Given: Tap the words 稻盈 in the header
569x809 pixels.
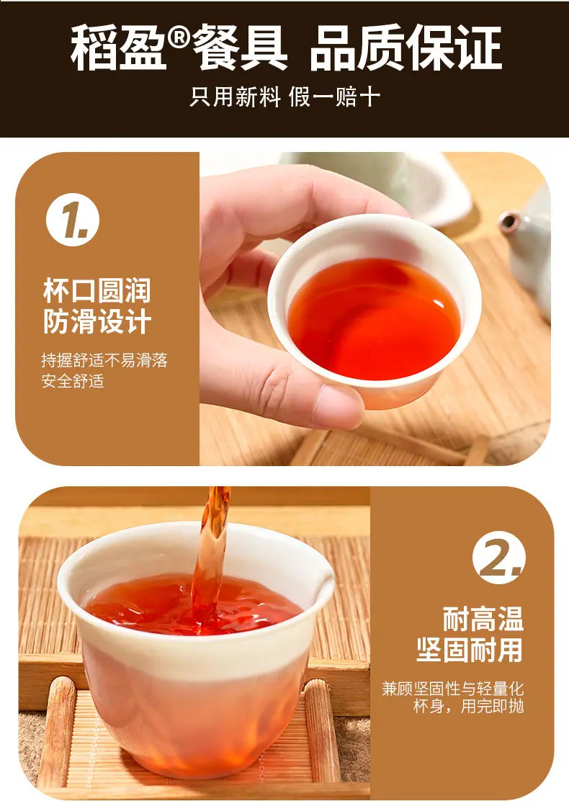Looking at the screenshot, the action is coord(119,48).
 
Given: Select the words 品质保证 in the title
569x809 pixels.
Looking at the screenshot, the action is coord(406,48).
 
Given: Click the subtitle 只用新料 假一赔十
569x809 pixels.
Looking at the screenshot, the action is coord(284,97).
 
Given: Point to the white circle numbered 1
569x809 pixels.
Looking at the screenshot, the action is coord(73,220).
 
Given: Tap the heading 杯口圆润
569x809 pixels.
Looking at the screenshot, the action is coord(97,290).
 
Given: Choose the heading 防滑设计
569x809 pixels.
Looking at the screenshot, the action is coord(97,321).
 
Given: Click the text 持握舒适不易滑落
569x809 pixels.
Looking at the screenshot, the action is coord(104,359).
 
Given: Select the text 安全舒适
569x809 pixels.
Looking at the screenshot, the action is coord(73,381).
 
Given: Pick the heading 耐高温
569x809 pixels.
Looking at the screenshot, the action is coord(483,619).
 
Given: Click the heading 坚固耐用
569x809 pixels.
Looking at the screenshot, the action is coord(470,649).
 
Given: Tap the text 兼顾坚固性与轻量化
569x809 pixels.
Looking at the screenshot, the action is coord(452,689).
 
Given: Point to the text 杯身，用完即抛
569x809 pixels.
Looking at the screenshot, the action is coord(468,706).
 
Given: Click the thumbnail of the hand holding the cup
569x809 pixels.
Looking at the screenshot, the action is coord(375,308).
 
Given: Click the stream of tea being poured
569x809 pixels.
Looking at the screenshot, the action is coord(212,557).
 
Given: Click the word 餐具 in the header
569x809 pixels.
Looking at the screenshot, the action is coord(240,48).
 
